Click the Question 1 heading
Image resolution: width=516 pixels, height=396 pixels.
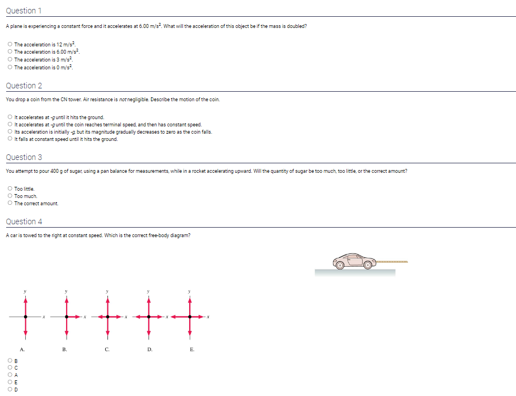click(x=24, y=11)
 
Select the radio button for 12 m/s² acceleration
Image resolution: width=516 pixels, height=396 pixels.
click(x=10, y=44)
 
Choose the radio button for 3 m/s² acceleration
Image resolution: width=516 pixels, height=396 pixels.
click(x=10, y=59)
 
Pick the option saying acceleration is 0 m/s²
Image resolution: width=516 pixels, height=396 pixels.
click(x=10, y=67)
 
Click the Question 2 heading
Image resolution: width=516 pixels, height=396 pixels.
click(x=24, y=86)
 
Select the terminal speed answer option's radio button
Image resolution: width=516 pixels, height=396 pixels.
click(x=10, y=125)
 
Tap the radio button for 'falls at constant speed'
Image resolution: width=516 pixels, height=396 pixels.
click(x=10, y=139)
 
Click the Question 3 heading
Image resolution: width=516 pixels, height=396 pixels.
click(x=24, y=157)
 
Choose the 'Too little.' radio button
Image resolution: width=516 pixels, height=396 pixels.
click(x=10, y=189)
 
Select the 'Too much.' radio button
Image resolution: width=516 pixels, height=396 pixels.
click(x=10, y=196)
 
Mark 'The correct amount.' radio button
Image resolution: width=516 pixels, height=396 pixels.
click(x=10, y=204)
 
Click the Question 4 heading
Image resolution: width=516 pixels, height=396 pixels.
click(x=24, y=221)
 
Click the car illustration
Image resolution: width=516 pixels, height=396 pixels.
click(x=354, y=261)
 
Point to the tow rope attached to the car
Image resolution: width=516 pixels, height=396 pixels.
click(x=392, y=261)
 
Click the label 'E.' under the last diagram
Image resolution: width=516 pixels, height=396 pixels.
click(x=191, y=350)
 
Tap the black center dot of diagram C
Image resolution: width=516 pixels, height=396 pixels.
click(x=107, y=317)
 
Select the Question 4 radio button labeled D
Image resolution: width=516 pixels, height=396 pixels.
click(x=10, y=390)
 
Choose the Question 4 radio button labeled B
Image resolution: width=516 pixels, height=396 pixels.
click(x=10, y=361)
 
